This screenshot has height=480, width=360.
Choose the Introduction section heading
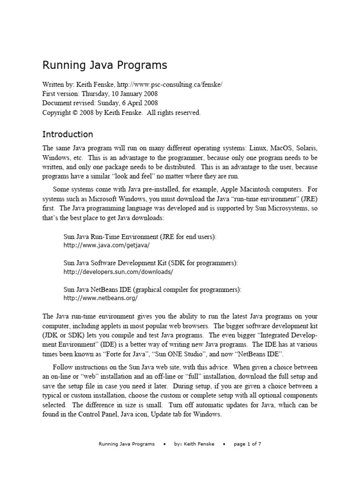click(x=68, y=135)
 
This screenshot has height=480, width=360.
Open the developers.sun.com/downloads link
click(x=118, y=271)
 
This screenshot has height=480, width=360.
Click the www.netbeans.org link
click(x=101, y=298)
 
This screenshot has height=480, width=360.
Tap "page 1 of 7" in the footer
click(x=247, y=444)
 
